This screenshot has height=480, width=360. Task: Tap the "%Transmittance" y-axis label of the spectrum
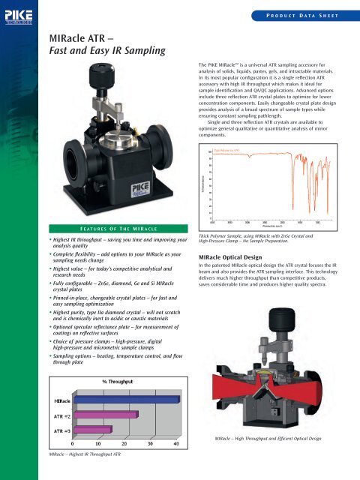pos(196,183)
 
